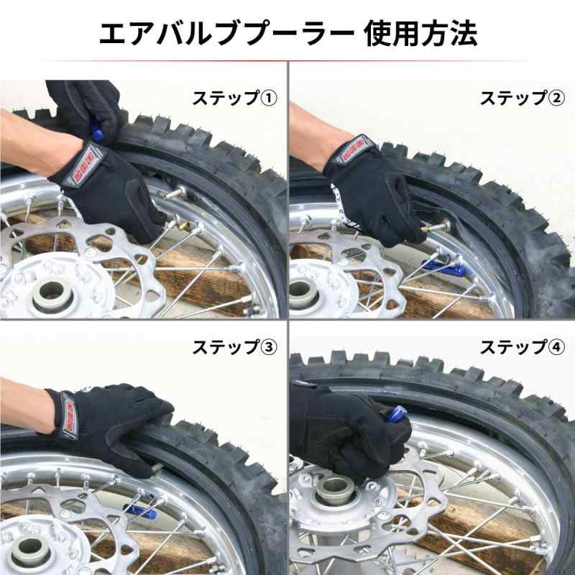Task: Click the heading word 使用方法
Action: pos(420,34)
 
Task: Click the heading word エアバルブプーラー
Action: pos(226,34)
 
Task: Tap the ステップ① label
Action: pos(235,98)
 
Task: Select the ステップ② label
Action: pos(523,98)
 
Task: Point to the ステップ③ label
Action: pos(235,347)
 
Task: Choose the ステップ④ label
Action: pos(523,347)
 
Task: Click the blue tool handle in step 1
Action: pos(97,132)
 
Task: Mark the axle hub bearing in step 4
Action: pos(336,492)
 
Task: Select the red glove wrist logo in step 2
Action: pos(353,149)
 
